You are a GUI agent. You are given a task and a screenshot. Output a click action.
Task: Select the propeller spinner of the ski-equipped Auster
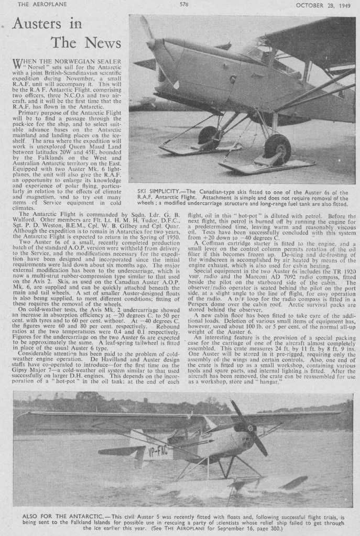tap(151, 45)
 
